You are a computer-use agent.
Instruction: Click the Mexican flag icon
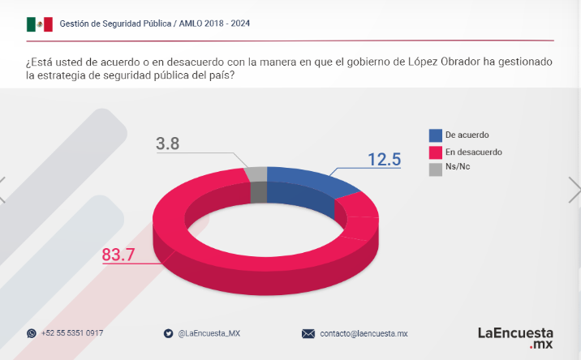39,24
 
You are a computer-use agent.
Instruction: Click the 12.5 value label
385,159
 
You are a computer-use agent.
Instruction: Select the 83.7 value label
118,255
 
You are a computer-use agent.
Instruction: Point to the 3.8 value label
167,145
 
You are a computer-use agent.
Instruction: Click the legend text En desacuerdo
474,152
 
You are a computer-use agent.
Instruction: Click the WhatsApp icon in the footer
32,333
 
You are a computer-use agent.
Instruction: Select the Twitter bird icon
168,333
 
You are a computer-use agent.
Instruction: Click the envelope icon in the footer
308,333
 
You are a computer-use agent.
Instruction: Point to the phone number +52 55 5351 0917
72,333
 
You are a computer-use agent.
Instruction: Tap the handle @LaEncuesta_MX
209,333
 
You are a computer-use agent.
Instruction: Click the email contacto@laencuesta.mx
364,333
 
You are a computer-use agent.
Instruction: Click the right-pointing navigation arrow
574,190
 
